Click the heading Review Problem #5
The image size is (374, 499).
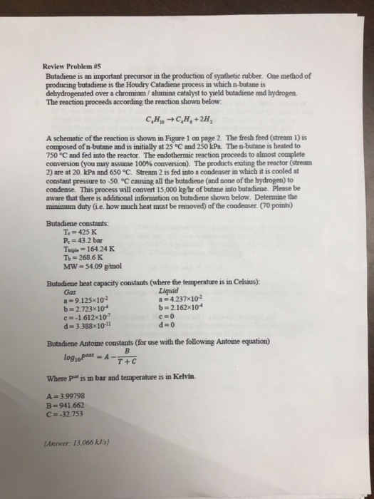69,71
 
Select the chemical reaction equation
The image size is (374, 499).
177,119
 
